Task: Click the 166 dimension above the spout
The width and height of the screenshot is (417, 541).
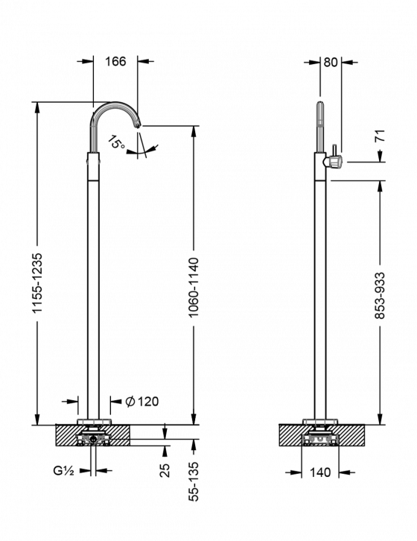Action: [115, 62]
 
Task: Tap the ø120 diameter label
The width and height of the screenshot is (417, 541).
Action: [142, 402]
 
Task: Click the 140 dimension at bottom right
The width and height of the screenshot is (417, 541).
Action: [321, 472]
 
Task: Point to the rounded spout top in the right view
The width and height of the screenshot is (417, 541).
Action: [321, 107]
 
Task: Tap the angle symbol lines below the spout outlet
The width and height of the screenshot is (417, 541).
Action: [141, 149]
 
